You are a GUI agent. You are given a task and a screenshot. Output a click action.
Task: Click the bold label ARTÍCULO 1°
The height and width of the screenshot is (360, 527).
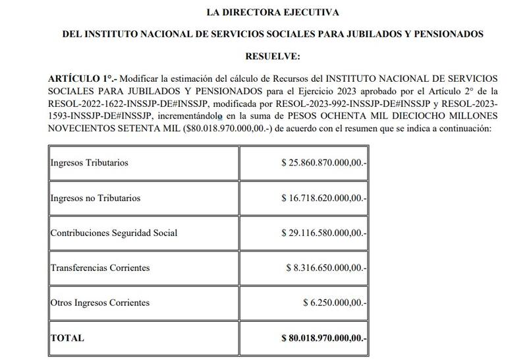click(x=78, y=78)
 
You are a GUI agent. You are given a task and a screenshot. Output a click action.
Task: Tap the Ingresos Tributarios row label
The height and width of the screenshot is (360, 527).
click(x=89, y=162)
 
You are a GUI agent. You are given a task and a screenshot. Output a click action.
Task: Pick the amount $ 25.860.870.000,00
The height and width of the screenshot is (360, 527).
click(x=323, y=162)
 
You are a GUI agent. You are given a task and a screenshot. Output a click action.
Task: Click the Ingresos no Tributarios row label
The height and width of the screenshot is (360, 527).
click(x=95, y=198)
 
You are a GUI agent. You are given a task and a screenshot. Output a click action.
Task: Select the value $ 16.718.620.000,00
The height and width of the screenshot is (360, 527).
click(x=323, y=198)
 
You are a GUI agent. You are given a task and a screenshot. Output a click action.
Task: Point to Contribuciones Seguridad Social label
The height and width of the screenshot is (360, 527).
click(x=114, y=233)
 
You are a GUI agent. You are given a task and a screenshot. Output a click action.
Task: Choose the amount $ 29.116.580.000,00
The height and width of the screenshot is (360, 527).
click(x=323, y=233)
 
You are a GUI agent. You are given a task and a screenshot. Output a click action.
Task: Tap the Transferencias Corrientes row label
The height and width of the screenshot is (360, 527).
click(x=100, y=268)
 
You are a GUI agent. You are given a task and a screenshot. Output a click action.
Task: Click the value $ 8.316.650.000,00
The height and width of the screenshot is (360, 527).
click(x=326, y=268)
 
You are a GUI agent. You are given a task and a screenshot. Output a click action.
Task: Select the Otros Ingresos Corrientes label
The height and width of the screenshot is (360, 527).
click(x=100, y=303)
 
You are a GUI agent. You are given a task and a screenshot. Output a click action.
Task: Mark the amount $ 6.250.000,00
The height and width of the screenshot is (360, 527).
click(x=333, y=303)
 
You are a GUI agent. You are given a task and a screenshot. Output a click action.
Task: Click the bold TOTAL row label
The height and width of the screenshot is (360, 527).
click(x=67, y=338)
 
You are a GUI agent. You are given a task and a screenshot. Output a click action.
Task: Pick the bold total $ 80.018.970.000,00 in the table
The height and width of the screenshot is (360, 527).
click(x=322, y=338)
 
